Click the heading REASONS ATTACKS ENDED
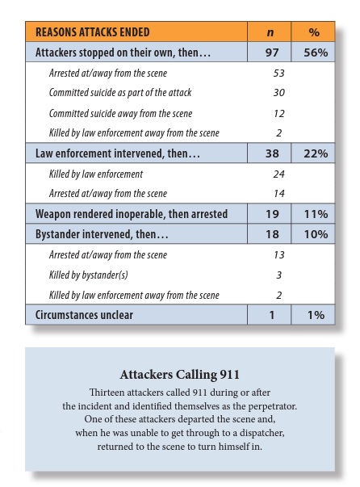coord(93,32)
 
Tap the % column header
coord(316,32)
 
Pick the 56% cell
coord(316,52)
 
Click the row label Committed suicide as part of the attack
coord(119,93)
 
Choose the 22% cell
coord(316,153)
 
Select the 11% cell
coord(316,214)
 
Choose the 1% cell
coord(316,315)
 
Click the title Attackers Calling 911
coord(179,375)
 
